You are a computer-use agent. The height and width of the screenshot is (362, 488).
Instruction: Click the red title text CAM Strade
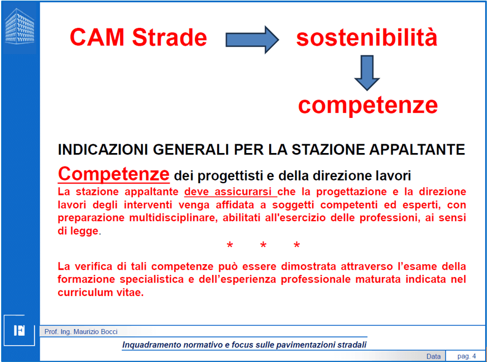pyautogui.click(x=138, y=37)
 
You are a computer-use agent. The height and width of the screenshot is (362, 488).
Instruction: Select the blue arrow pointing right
pyautogui.click(x=252, y=40)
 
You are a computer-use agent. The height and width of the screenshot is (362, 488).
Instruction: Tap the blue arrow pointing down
pyautogui.click(x=367, y=73)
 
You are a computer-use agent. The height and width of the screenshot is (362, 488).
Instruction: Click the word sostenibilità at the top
pyautogui.click(x=367, y=37)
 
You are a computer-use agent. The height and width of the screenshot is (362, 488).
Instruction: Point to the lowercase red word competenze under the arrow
pyautogui.click(x=368, y=105)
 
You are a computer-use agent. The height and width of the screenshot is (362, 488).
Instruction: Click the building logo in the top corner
pyautogui.click(x=20, y=26)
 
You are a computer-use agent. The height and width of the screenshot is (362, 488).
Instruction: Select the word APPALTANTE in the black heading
pyautogui.click(x=417, y=149)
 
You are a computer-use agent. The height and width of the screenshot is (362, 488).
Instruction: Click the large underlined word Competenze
pyautogui.click(x=113, y=174)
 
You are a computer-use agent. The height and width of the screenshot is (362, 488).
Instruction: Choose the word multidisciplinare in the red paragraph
pyautogui.click(x=173, y=217)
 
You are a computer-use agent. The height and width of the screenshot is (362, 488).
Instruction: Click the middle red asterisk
pyautogui.click(x=264, y=246)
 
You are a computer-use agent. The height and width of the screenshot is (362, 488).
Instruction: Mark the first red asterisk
pyautogui.click(x=229, y=246)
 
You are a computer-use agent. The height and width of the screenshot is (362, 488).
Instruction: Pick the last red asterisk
pyautogui.click(x=296, y=246)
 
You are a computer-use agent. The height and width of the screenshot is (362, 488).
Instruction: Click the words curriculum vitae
pyautogui.click(x=100, y=293)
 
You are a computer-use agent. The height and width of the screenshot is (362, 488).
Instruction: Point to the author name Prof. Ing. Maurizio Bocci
pyautogui.click(x=81, y=332)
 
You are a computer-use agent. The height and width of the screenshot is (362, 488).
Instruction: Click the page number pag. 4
pyautogui.click(x=467, y=356)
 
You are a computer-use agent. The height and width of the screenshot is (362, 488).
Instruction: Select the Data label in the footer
pyautogui.click(x=433, y=356)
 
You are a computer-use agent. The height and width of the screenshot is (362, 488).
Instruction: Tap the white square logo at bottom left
pyautogui.click(x=20, y=330)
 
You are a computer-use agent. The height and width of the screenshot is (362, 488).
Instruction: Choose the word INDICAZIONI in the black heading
pyautogui.click(x=103, y=149)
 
